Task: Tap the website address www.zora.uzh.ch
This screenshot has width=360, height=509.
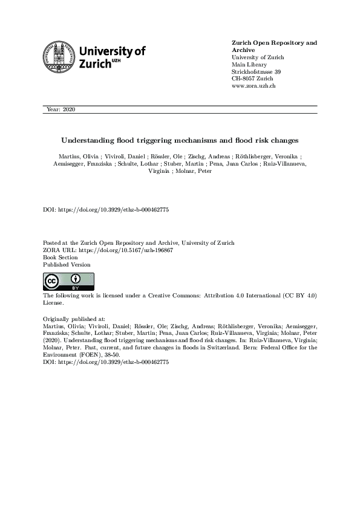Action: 254,86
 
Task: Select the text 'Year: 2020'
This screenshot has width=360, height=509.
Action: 61,109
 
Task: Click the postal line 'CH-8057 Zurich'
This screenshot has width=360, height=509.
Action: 252,79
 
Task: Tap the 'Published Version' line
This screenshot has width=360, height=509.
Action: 67,264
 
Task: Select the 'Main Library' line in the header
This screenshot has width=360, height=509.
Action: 249,65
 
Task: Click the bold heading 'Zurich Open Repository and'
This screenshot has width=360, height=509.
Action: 274,43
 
